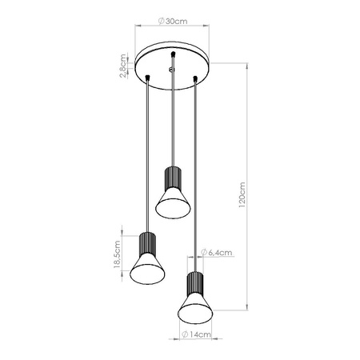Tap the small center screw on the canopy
click(171, 70)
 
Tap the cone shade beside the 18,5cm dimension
click(147, 269)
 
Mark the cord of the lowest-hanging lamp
click(195, 176)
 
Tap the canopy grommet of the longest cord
click(195, 78)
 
